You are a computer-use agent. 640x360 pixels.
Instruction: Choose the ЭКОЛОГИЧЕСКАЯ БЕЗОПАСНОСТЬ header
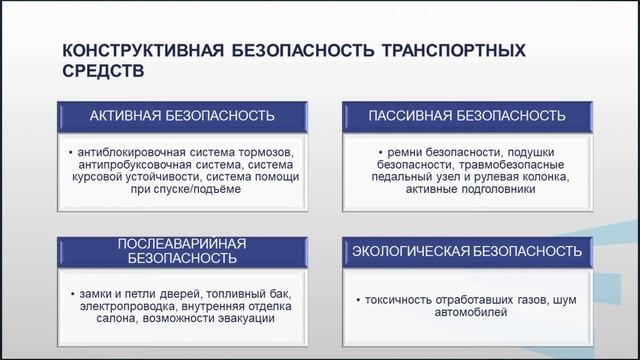point(466,250)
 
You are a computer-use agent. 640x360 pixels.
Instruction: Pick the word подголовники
point(490,190)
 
